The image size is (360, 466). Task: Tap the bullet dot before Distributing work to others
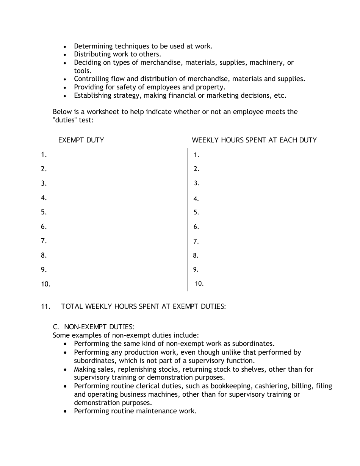point(65,55)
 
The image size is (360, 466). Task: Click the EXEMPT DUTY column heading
point(81,140)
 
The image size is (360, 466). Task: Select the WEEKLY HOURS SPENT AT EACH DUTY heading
point(254,140)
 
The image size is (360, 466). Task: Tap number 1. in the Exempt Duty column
point(44,155)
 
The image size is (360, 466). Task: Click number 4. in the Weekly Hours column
point(196,199)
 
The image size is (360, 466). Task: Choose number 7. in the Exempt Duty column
point(44,241)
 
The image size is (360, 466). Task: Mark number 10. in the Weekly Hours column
point(199,283)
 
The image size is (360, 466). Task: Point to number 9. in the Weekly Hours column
point(196,270)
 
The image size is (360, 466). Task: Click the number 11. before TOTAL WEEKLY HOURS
point(45,306)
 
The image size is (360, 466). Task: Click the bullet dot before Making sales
point(65,370)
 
